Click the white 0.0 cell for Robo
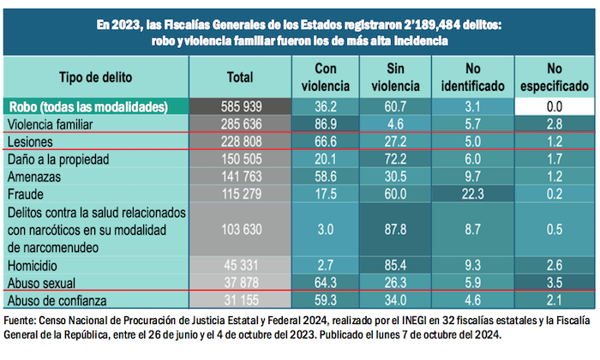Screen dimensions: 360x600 [553, 108]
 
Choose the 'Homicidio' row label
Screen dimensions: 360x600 [35, 266]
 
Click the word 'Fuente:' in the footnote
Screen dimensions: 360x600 [23, 320]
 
